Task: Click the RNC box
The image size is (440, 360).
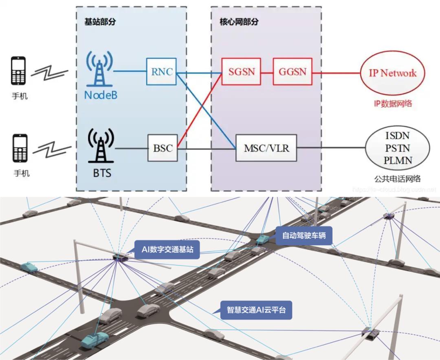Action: click(161, 72)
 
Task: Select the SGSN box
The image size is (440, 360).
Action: click(241, 72)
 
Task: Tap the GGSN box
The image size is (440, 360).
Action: click(293, 72)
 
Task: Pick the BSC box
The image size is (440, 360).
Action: click(163, 148)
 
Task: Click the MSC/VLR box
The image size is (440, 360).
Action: click(266, 148)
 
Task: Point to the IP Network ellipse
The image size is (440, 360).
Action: click(392, 73)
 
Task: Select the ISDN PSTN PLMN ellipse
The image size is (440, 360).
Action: click(397, 148)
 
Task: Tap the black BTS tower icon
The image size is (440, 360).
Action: click(99, 146)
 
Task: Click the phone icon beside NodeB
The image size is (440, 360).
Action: click(19, 72)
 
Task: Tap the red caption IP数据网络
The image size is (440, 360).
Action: click(393, 103)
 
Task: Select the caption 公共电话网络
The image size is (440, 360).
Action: click(397, 178)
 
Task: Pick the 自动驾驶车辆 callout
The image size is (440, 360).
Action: click(304, 235)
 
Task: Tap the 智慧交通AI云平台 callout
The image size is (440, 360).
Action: click(256, 310)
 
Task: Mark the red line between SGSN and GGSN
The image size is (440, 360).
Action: click(266, 72)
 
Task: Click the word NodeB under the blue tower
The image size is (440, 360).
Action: click(99, 95)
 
